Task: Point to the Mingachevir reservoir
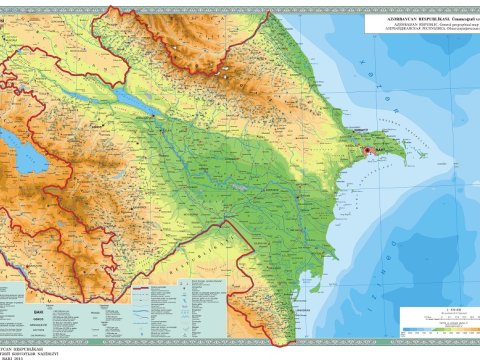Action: pos(129,98)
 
